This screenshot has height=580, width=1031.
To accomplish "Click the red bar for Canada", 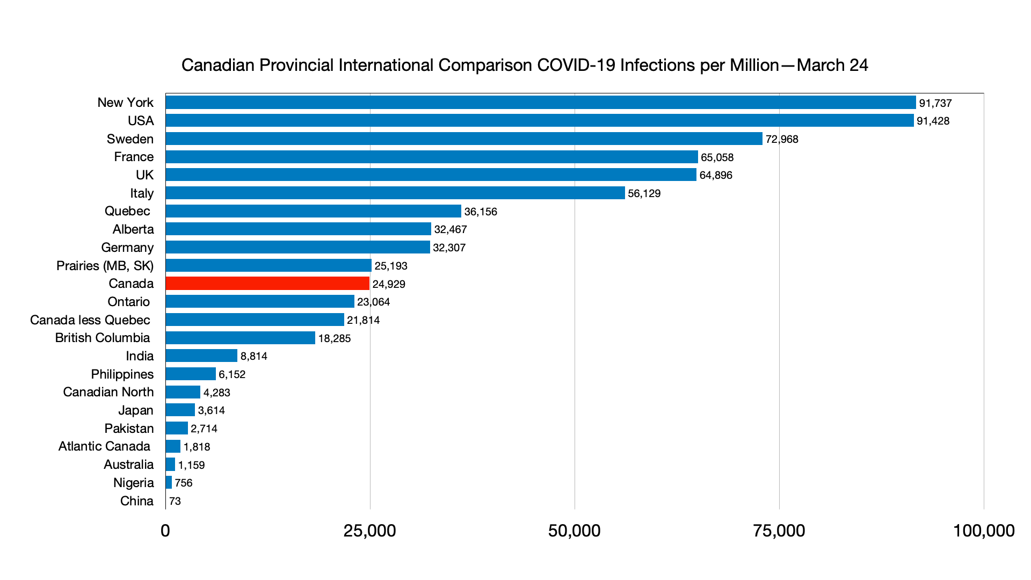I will [x=267, y=284].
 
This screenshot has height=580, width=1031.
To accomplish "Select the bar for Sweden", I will [x=464, y=139].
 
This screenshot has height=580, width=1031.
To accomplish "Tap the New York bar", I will [x=541, y=103].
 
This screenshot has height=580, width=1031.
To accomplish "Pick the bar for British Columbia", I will [x=240, y=338].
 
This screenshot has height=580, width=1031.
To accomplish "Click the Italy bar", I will [x=395, y=193].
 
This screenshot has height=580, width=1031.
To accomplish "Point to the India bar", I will [x=201, y=356].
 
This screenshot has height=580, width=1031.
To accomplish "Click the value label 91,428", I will [x=933, y=121].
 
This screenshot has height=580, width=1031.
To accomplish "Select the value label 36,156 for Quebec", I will [x=481, y=212].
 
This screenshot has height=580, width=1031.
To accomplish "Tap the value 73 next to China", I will [x=175, y=501].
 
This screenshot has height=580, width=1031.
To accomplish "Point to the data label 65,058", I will [x=717, y=157].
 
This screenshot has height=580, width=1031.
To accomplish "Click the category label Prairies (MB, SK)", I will [x=105, y=266].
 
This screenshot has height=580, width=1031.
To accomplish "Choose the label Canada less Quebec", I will [x=90, y=320].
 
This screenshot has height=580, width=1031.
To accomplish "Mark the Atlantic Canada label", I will [x=104, y=446].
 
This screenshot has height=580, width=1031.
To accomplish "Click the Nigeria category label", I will [x=134, y=483].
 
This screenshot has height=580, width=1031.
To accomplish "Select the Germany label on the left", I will [x=127, y=248].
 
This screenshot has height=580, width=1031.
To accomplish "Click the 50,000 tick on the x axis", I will [x=574, y=531].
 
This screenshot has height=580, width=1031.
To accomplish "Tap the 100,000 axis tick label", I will [x=983, y=531].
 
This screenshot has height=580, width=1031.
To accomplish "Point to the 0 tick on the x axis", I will [x=165, y=531].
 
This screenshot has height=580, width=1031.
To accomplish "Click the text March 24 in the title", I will [x=832, y=65].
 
